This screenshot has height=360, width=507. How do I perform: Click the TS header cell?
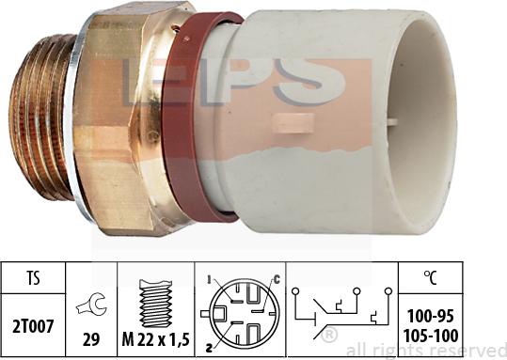pyautogui.click(x=34, y=279)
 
